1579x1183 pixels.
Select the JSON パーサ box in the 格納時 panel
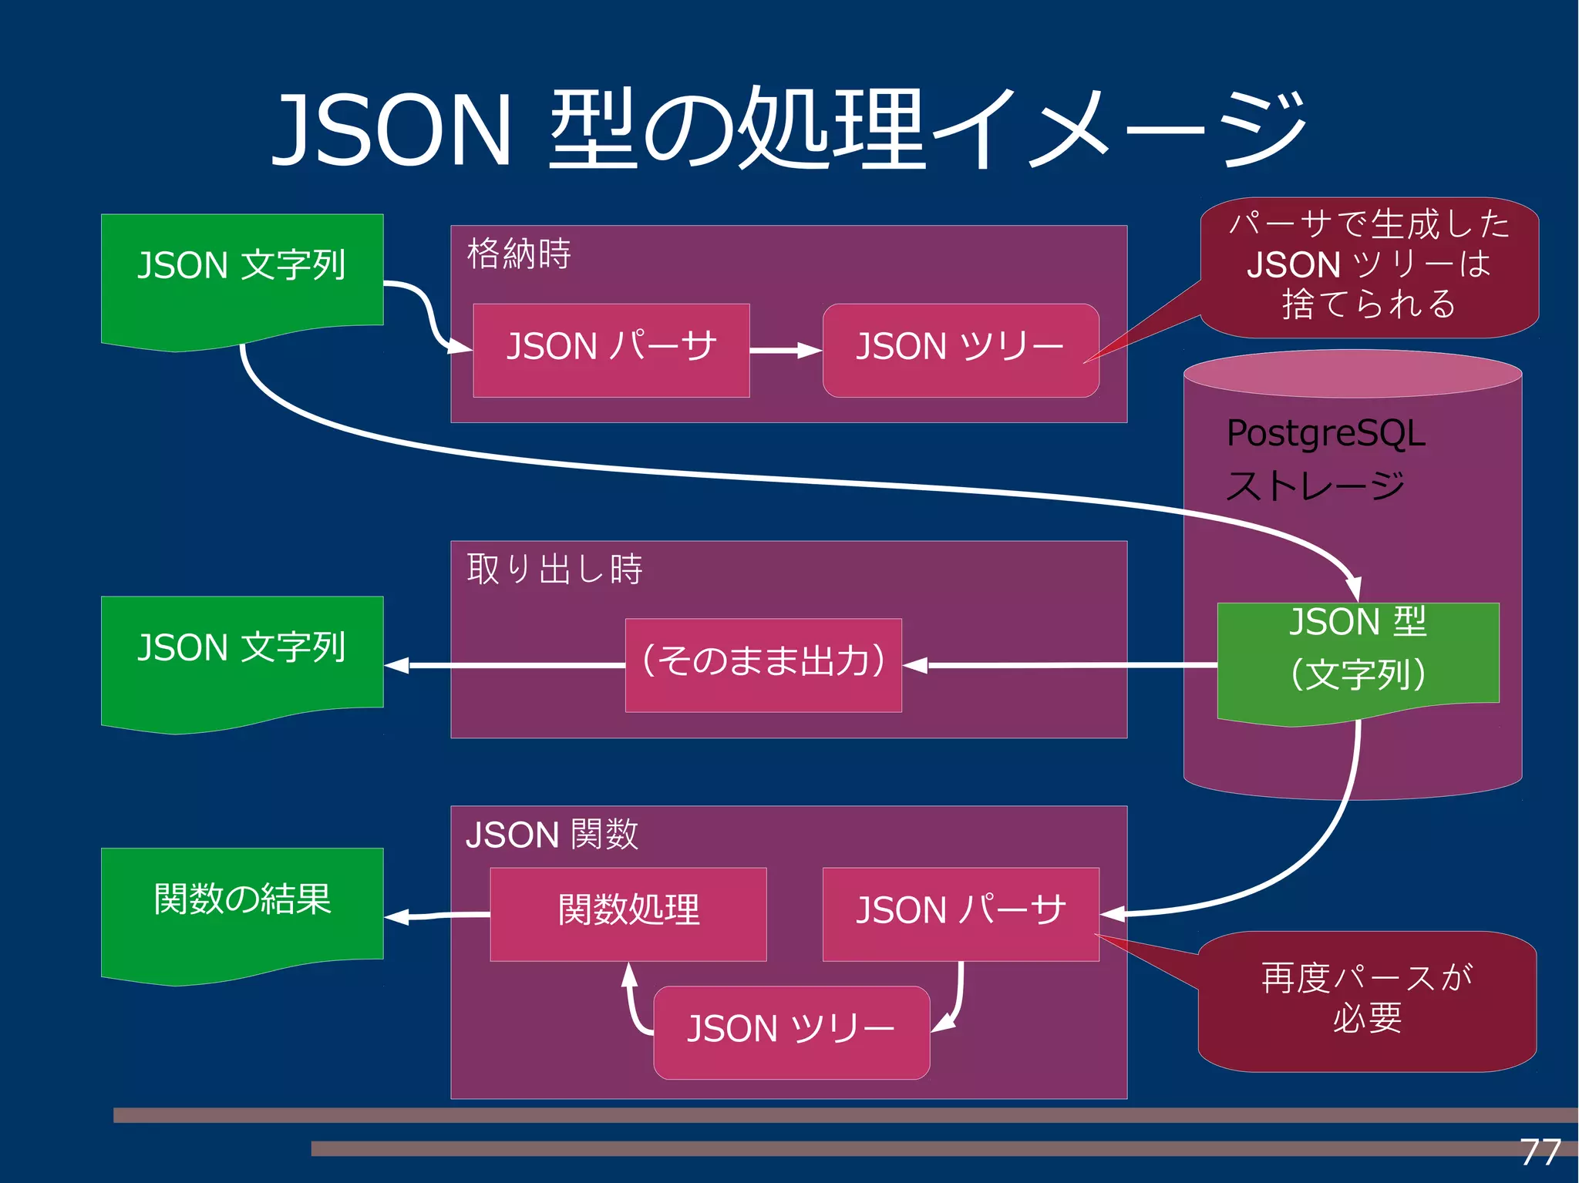point(611,351)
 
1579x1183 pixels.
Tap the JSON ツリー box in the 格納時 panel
point(960,351)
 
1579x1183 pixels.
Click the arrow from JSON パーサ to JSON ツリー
point(785,351)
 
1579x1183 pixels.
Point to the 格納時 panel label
point(519,254)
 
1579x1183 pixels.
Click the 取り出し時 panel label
point(554,569)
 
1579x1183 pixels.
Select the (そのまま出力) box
point(763,664)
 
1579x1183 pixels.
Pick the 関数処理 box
point(628,914)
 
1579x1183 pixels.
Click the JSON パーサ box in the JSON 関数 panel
point(960,914)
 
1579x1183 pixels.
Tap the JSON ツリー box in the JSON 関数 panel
point(791,1032)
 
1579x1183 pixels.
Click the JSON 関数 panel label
point(552,834)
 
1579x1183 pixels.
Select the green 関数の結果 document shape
point(241,909)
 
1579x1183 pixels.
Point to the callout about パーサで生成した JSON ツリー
point(1369,266)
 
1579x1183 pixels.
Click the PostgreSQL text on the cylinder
point(1325,433)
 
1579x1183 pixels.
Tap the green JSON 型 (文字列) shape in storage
point(1357,655)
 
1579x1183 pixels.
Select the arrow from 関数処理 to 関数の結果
point(436,916)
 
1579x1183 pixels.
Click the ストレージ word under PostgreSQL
point(1315,486)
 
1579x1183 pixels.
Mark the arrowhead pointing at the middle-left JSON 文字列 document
point(397,665)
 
